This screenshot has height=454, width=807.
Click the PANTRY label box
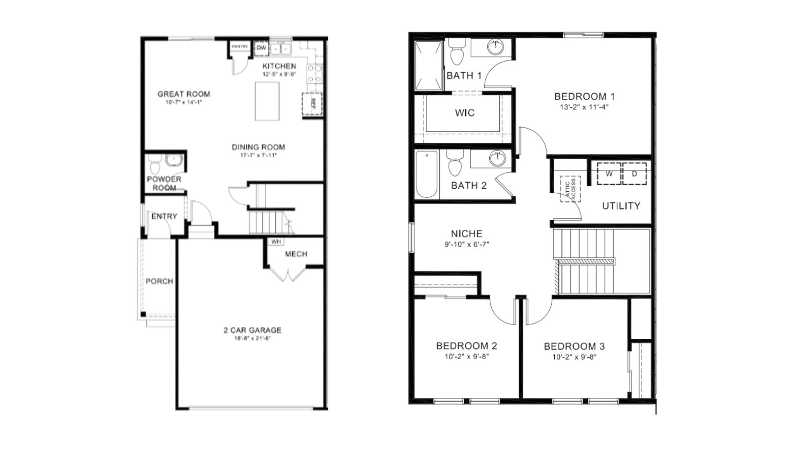pyautogui.click(x=240, y=47)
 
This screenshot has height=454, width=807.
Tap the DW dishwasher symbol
pyautogui.click(x=261, y=48)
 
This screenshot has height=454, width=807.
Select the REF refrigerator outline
pyautogui.click(x=312, y=104)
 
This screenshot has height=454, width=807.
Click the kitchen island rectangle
pyautogui.click(x=267, y=101)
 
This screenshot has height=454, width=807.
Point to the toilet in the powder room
pyautogui.click(x=154, y=164)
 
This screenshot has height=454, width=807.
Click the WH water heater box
pyautogui.click(x=276, y=242)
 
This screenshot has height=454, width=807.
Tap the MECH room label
pyautogui.click(x=296, y=254)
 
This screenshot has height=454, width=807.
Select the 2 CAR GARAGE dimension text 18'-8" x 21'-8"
pyautogui.click(x=252, y=339)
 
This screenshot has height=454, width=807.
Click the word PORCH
pyautogui.click(x=159, y=281)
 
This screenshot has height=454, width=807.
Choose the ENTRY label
pyautogui.click(x=164, y=216)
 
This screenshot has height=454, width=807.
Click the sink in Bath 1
pyautogui.click(x=496, y=48)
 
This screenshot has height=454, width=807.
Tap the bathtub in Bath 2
pyautogui.click(x=427, y=175)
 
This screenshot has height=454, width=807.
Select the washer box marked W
pyautogui.click(x=609, y=174)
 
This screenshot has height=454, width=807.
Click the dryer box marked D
pyautogui.click(x=635, y=174)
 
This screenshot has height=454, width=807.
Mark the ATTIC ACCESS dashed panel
pyautogui.click(x=570, y=189)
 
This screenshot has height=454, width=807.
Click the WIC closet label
pyautogui.click(x=465, y=113)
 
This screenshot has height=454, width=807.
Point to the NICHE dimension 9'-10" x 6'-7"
pyautogui.click(x=467, y=244)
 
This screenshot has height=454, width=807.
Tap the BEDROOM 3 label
pyautogui.click(x=574, y=347)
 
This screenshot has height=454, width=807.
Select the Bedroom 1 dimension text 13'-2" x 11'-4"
pyautogui.click(x=584, y=107)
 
